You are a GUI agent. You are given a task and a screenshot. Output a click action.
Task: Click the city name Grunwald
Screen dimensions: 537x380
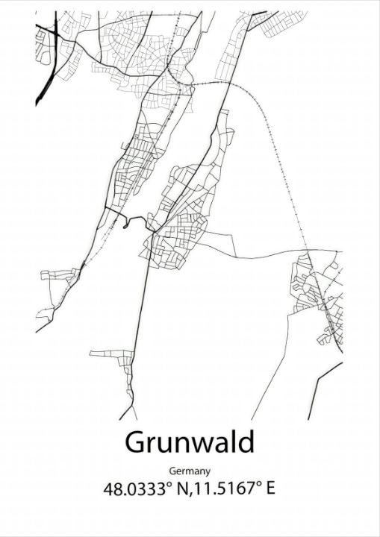190,442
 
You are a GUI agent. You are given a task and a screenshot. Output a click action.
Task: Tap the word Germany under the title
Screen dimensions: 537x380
190,471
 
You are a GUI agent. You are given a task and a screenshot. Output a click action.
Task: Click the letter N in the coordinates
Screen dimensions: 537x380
181,490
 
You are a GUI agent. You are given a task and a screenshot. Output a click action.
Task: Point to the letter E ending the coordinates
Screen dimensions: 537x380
270,490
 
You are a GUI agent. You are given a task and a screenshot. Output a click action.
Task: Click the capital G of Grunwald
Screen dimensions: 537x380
135,442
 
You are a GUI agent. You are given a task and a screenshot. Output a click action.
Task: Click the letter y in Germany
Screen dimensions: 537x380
208,473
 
